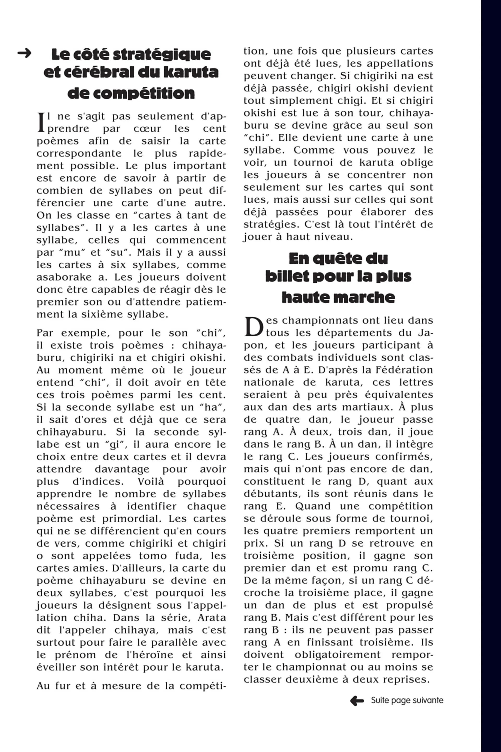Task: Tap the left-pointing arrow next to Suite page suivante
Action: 357,701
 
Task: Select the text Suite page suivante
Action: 407,701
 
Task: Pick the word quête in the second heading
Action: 338,258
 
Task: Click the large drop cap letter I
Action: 41,122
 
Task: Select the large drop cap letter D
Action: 254,326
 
